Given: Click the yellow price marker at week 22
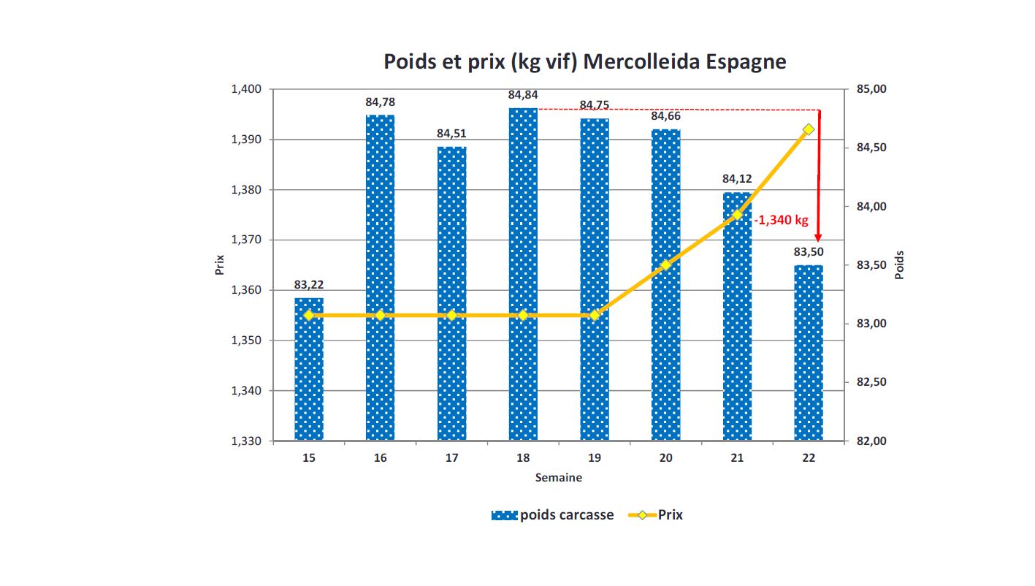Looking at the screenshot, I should [x=809, y=129].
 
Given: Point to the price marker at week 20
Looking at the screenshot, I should [x=665, y=265].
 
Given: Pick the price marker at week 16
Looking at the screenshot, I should [x=380, y=315].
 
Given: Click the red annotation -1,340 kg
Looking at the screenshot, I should [x=781, y=219].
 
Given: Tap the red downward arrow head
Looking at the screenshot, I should [x=818, y=237].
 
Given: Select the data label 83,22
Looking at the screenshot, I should [x=309, y=284].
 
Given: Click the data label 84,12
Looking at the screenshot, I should [x=737, y=178].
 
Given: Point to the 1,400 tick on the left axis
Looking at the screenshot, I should [x=246, y=89].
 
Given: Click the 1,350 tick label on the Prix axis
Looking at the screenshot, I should [x=246, y=340].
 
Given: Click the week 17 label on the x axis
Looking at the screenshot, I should [x=451, y=458].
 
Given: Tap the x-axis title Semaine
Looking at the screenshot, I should [x=559, y=478].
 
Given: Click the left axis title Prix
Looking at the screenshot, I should [x=220, y=265].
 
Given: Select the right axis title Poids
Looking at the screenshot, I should [x=900, y=265].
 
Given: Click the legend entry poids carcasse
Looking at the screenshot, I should [x=566, y=515].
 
